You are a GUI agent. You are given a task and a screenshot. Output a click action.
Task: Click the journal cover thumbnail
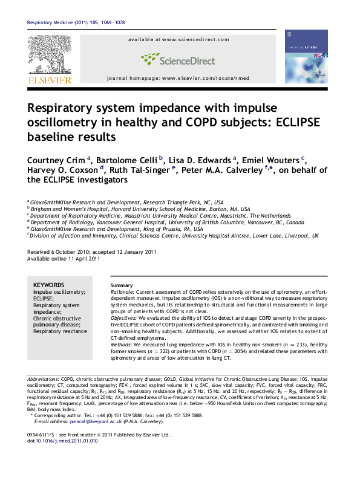pos(306,57)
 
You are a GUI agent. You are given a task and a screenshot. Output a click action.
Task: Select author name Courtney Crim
pos(55,160)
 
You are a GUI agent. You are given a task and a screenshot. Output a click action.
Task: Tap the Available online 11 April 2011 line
pos(64,259)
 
